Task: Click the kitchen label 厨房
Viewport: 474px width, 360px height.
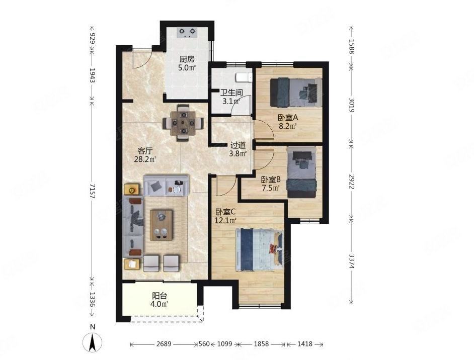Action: (187, 59)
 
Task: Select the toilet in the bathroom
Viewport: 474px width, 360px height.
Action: (244, 77)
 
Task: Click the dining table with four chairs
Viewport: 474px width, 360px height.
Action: (183, 123)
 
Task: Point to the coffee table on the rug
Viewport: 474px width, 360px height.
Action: (162, 225)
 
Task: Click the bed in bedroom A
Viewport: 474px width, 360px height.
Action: (296, 93)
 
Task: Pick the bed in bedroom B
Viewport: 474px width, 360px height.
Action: (301, 172)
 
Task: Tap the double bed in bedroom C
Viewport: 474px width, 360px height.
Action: (259, 250)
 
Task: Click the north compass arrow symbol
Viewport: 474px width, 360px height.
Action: (92, 343)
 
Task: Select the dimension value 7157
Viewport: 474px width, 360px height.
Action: (93, 191)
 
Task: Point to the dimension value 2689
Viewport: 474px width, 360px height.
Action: (164, 344)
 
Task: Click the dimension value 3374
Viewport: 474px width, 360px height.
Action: (352, 261)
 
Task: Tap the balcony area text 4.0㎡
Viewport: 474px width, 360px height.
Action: (160, 303)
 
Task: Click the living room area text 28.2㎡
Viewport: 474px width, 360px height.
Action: (145, 159)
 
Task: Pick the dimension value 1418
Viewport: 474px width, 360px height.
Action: (305, 344)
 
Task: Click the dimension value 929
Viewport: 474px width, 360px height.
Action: (93, 38)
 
